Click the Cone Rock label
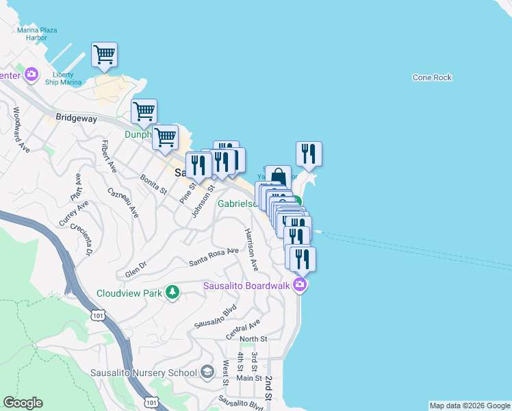(x=432, y=77)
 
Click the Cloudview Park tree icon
(x=173, y=293)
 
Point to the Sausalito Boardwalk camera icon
(x=299, y=285)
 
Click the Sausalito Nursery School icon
(x=207, y=373)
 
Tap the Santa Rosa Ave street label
(x=214, y=256)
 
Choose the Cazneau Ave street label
(x=124, y=202)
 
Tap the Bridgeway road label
(x=77, y=118)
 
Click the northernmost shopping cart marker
(x=104, y=54)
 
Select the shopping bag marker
(x=278, y=178)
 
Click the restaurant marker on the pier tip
(x=309, y=154)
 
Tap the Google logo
(x=23, y=403)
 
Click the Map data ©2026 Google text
(x=469, y=406)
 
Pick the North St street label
(x=253, y=339)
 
